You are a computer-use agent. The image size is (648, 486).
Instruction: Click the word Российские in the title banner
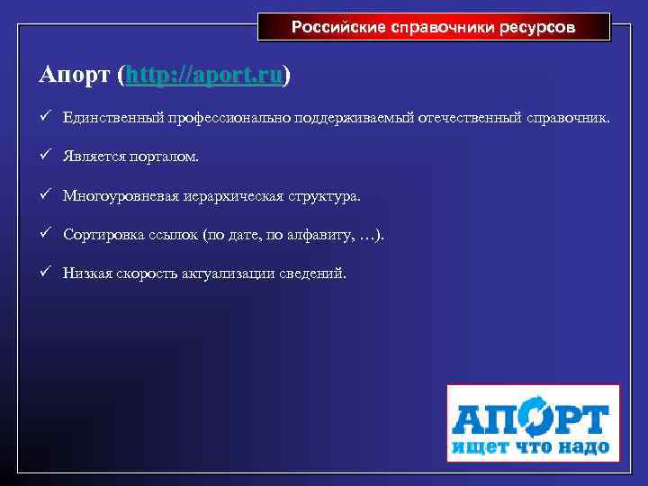click(x=338, y=27)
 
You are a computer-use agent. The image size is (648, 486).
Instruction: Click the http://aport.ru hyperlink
click(x=206, y=76)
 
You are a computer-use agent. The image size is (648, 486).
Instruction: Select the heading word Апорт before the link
click(x=75, y=76)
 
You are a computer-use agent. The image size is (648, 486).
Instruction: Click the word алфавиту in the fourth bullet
click(x=319, y=235)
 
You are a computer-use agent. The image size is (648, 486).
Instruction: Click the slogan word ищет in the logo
click(x=476, y=446)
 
